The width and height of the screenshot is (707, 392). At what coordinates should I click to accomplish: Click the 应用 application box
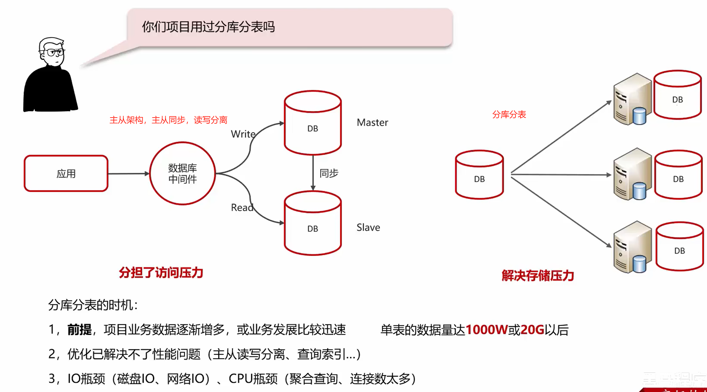[66, 174]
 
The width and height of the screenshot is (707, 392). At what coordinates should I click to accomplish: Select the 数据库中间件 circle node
[183, 174]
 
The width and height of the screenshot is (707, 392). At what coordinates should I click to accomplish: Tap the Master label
[372, 122]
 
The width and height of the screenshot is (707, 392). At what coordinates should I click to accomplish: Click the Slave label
[368, 227]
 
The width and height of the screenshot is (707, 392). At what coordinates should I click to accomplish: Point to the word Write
[243, 134]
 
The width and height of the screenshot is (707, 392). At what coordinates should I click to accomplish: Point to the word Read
[242, 208]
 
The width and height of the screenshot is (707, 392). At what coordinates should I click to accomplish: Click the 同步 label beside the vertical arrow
[329, 173]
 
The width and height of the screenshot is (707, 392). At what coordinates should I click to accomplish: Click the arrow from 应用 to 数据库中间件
[128, 174]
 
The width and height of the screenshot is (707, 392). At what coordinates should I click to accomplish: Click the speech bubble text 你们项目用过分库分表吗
[208, 27]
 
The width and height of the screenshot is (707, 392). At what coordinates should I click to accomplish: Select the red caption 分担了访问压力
[161, 273]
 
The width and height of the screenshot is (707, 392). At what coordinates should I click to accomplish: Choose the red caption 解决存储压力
[537, 276]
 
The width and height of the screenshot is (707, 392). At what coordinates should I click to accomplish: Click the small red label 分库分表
[509, 114]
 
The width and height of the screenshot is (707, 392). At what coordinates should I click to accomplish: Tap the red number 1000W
[486, 330]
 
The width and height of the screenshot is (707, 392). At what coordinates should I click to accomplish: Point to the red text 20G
[532, 330]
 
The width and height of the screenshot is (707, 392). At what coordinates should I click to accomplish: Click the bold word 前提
[79, 330]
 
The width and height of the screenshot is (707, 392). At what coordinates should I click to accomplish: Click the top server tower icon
[632, 99]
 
